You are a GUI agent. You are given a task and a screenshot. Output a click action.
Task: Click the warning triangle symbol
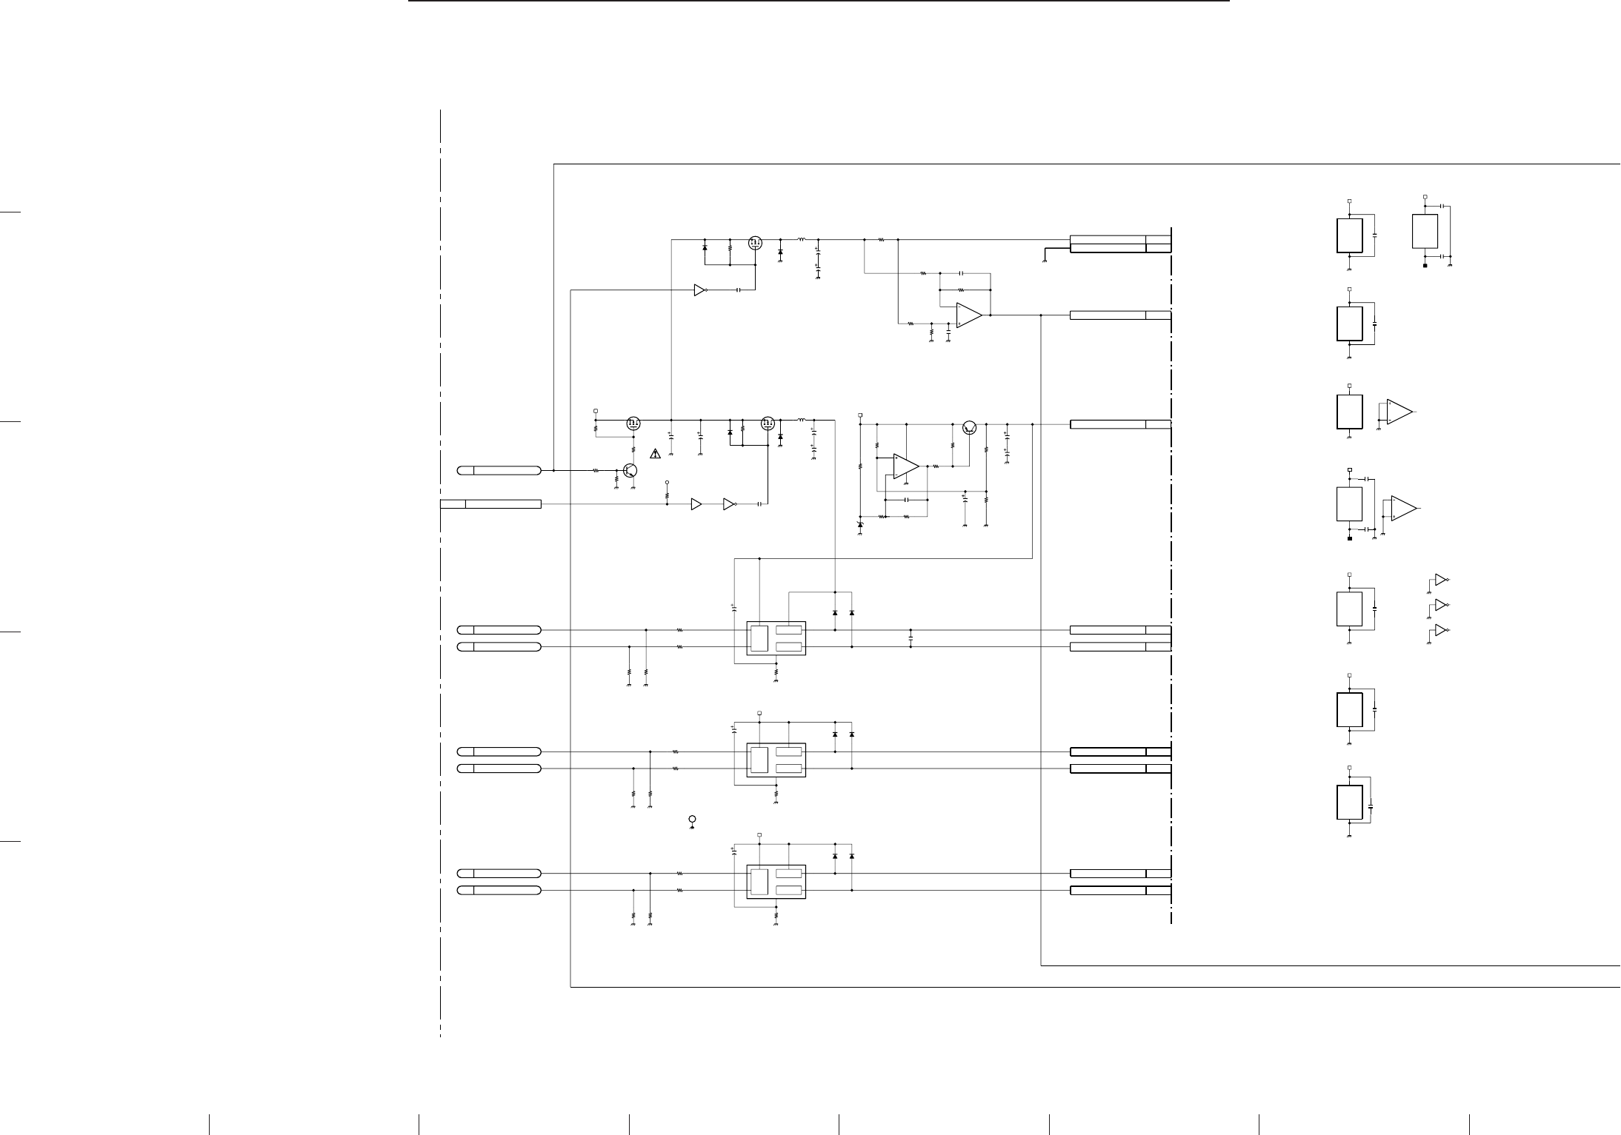(655, 454)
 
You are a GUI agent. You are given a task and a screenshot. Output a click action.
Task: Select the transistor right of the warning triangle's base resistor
(630, 470)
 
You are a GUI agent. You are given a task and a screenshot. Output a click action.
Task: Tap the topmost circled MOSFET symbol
(755, 241)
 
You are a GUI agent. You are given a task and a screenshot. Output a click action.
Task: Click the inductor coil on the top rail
(802, 239)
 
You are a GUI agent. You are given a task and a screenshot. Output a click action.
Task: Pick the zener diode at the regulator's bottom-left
(860, 525)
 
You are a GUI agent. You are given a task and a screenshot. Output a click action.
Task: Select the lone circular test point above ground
(692, 819)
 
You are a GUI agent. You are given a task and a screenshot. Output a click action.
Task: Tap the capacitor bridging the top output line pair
(911, 638)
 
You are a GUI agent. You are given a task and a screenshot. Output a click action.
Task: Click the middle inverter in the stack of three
(1440, 605)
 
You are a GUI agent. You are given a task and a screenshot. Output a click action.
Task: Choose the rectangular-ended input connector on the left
(490, 504)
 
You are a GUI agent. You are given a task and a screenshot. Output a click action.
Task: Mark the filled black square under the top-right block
(1425, 265)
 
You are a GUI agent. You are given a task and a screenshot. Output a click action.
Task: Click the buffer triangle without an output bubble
(696, 504)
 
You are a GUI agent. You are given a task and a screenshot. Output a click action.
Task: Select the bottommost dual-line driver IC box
(776, 882)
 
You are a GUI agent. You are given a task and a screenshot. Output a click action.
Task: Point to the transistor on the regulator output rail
(970, 427)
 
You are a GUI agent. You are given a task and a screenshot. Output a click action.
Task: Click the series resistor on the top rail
(881, 240)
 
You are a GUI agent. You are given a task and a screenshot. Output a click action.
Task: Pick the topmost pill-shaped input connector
(499, 470)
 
